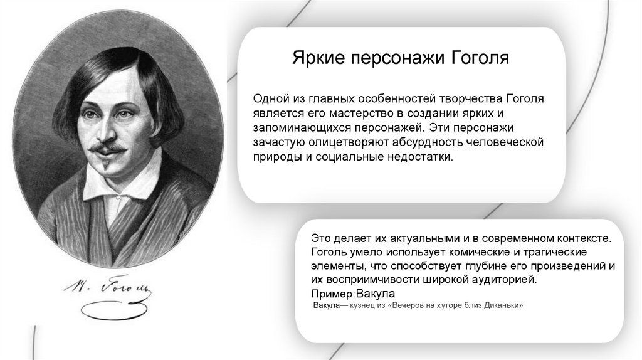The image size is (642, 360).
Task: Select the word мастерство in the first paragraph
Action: click(361, 114)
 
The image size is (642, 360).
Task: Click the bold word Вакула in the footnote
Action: click(326, 305)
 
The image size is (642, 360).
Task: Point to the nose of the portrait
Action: click(105, 130)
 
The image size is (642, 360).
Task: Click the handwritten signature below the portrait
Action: click(108, 288)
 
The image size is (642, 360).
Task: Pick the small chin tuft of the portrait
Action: click(106, 166)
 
